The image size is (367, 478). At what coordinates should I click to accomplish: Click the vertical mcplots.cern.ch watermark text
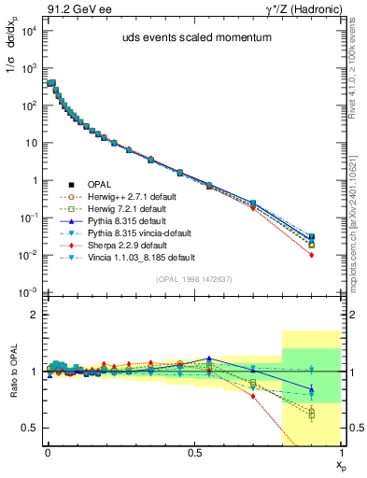[x=359, y=187]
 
